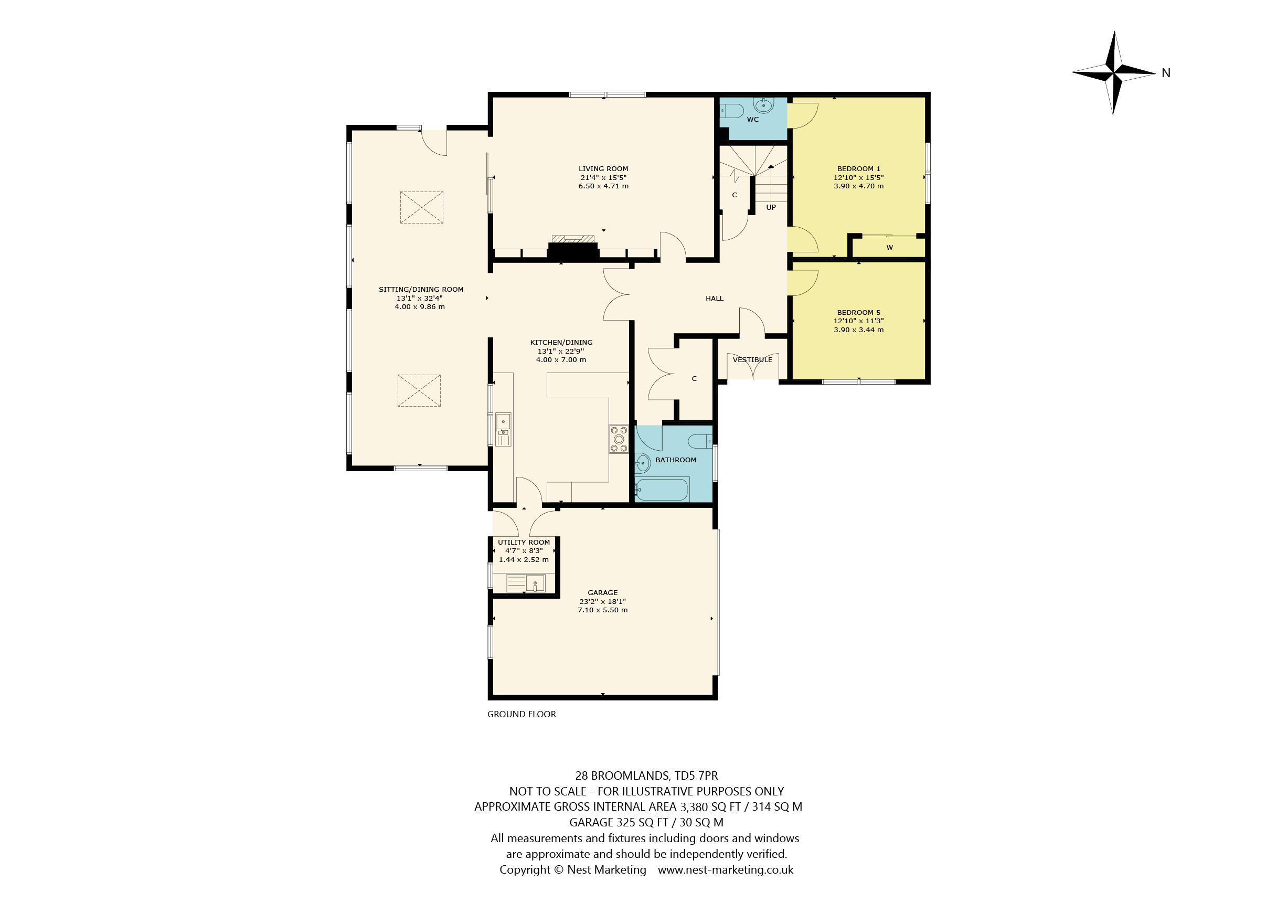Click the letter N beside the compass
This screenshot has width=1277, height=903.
tap(1166, 73)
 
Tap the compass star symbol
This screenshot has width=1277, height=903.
tap(1113, 73)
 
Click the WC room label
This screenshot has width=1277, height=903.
tap(752, 120)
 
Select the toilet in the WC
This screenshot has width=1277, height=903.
tap(732, 111)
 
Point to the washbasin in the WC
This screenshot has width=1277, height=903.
tap(764, 104)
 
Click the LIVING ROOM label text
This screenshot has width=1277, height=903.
tap(603, 168)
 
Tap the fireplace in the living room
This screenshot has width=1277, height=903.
tap(573, 248)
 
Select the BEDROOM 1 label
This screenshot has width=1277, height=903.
tap(859, 168)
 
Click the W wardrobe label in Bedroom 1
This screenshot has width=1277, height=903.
tap(890, 248)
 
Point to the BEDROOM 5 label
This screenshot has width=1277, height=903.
tap(859, 313)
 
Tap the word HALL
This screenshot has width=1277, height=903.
tap(715, 299)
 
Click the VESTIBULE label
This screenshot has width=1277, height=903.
tap(752, 360)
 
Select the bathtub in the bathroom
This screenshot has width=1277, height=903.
tap(663, 490)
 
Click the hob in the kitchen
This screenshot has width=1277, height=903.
tap(619, 439)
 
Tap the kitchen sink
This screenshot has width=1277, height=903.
tap(503, 429)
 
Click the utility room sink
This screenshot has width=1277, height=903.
tap(526, 583)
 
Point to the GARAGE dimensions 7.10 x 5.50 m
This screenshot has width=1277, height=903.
tap(603, 610)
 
